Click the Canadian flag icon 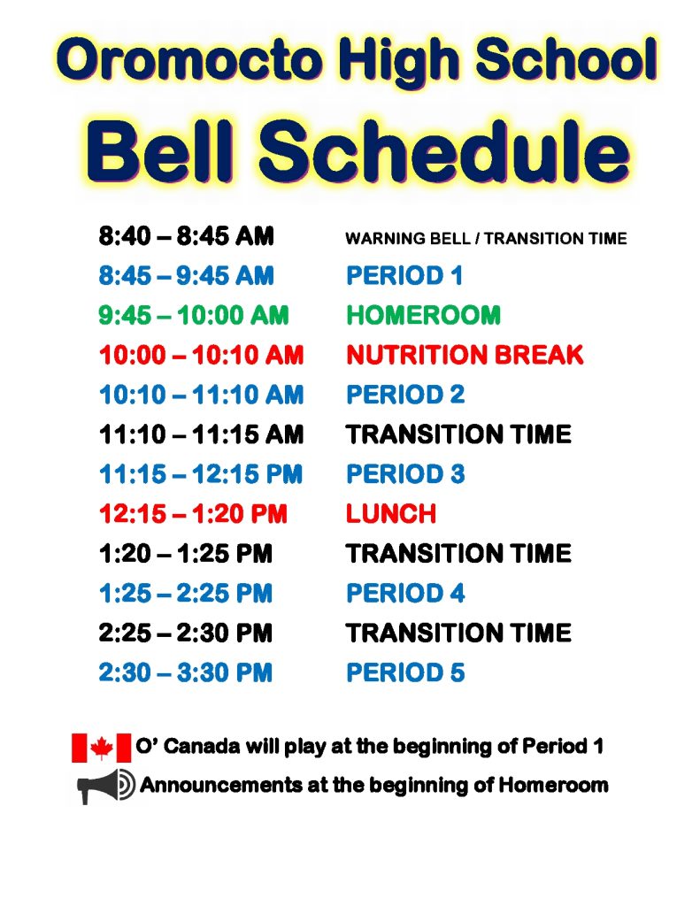click(101, 748)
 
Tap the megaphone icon click(106, 786)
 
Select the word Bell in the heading click(160, 150)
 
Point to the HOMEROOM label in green click(423, 316)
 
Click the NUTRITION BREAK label click(465, 355)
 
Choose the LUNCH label click(391, 514)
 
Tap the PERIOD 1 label click(404, 276)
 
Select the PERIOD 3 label click(405, 474)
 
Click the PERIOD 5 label click(405, 673)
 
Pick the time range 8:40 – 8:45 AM click(186, 236)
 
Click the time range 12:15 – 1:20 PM click(193, 514)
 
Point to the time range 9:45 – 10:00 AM click(194, 316)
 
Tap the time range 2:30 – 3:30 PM click(186, 673)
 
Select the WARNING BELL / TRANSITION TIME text click(486, 239)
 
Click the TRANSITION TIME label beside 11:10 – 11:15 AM click(458, 434)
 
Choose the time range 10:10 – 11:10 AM click(201, 395)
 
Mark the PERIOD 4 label click(405, 594)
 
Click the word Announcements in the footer click(221, 786)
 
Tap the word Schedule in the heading click(443, 150)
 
